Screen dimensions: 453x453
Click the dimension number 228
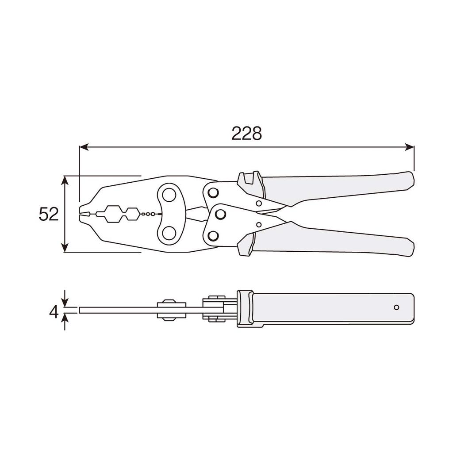(246, 133)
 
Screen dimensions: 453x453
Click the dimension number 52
(49, 215)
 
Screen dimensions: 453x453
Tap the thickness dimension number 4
(54, 312)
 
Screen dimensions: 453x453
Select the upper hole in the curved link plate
(168, 195)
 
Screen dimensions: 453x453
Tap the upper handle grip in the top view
(341, 188)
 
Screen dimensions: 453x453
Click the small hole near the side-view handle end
(396, 307)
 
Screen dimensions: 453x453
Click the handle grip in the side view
(327, 308)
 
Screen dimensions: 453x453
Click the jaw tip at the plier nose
(83, 214)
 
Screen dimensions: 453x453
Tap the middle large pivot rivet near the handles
(219, 214)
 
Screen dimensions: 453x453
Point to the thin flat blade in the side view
(119, 310)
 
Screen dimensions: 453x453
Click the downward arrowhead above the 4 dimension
(65, 303)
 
